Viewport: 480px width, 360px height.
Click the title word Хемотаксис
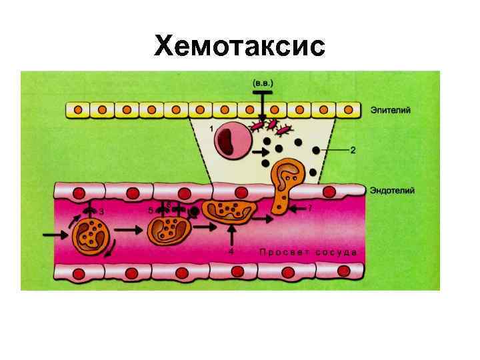point(239,46)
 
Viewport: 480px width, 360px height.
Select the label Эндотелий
point(393,191)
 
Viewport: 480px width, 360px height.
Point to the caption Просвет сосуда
point(307,252)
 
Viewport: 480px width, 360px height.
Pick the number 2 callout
point(353,151)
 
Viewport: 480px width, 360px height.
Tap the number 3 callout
point(101,211)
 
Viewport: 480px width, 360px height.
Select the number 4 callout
point(231,252)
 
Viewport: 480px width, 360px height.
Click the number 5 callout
point(151,210)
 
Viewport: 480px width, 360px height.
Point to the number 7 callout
point(309,208)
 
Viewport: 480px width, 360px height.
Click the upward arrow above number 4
point(231,237)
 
